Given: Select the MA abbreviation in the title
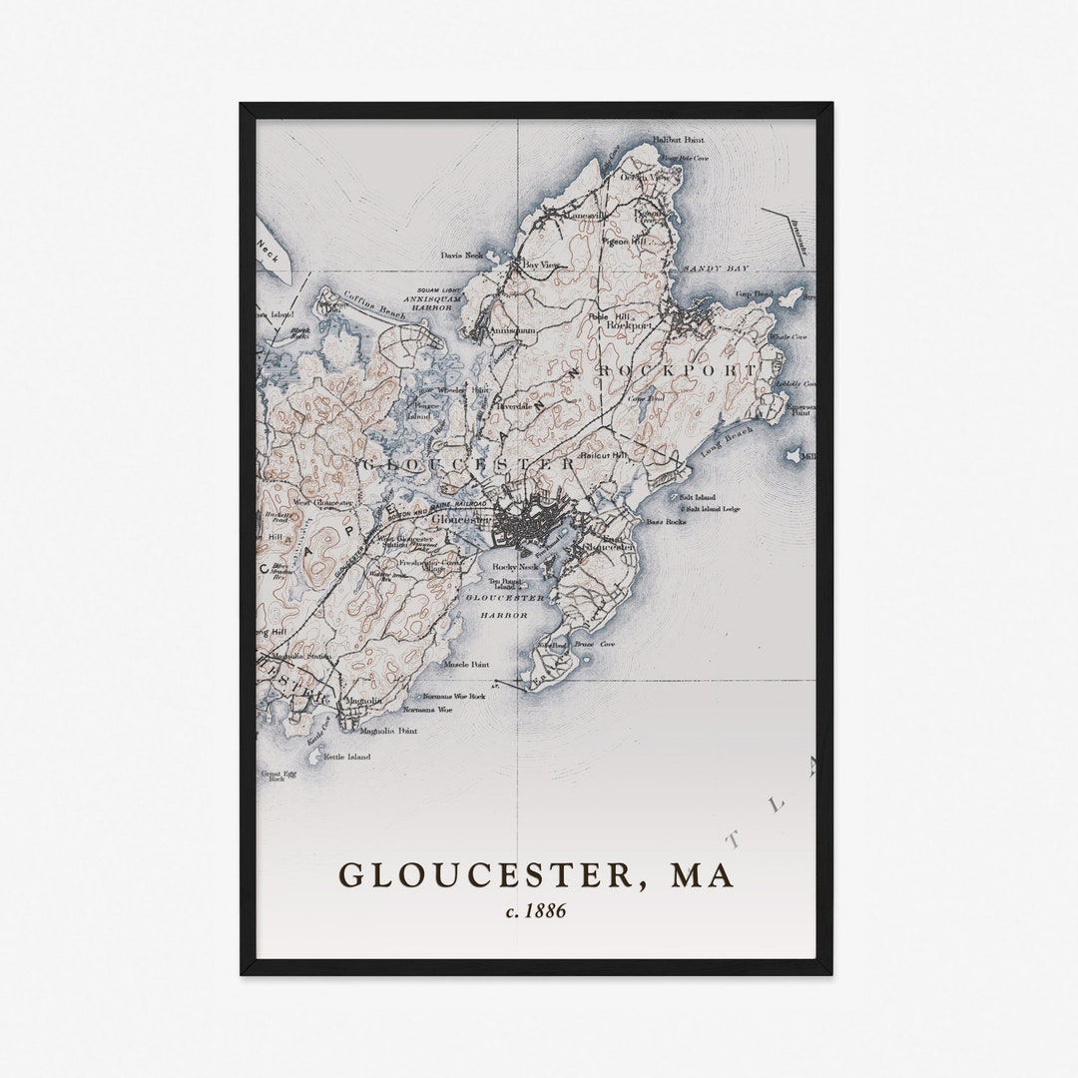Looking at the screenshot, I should point(702,875).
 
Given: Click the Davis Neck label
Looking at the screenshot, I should point(461,256).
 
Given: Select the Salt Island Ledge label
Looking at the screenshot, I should point(710,509).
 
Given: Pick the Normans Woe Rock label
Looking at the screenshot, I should point(453,696).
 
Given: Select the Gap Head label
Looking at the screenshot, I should point(754,294).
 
